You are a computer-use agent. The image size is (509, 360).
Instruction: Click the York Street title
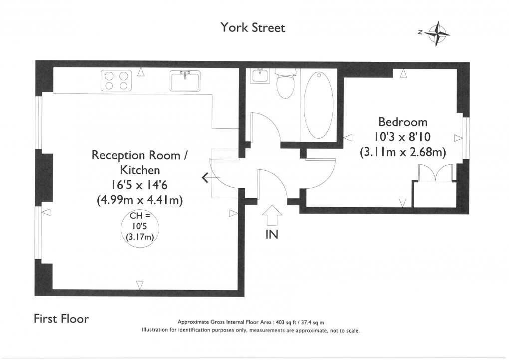[x=253, y=27]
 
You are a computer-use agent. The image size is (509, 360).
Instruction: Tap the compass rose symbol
[x=438, y=34]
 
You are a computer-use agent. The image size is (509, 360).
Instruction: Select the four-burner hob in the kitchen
[x=115, y=80]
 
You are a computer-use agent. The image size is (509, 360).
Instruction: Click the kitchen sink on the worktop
[x=185, y=80]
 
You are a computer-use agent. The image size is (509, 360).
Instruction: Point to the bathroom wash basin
[x=259, y=76]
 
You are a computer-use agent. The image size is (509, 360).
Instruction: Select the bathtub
[x=318, y=105]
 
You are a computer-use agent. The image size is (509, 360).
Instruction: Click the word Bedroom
[x=403, y=122]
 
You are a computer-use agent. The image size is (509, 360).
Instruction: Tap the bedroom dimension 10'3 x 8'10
[x=403, y=136]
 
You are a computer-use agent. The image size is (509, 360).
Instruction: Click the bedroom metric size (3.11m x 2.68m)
[x=403, y=151]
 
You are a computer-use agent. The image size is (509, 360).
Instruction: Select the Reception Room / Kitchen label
[x=139, y=162]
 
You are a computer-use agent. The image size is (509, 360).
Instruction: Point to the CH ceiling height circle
[x=140, y=227]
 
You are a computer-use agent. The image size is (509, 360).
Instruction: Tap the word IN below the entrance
[x=271, y=235]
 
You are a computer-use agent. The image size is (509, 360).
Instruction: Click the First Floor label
[x=61, y=319]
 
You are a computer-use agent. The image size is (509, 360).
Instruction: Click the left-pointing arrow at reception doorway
[x=205, y=177]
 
